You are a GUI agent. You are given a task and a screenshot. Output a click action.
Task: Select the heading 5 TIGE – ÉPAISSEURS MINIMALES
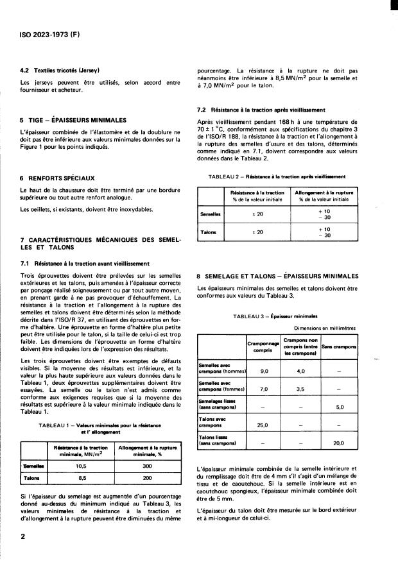[x=74, y=120]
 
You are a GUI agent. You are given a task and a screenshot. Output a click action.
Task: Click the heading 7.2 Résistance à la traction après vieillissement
[x=261, y=110]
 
